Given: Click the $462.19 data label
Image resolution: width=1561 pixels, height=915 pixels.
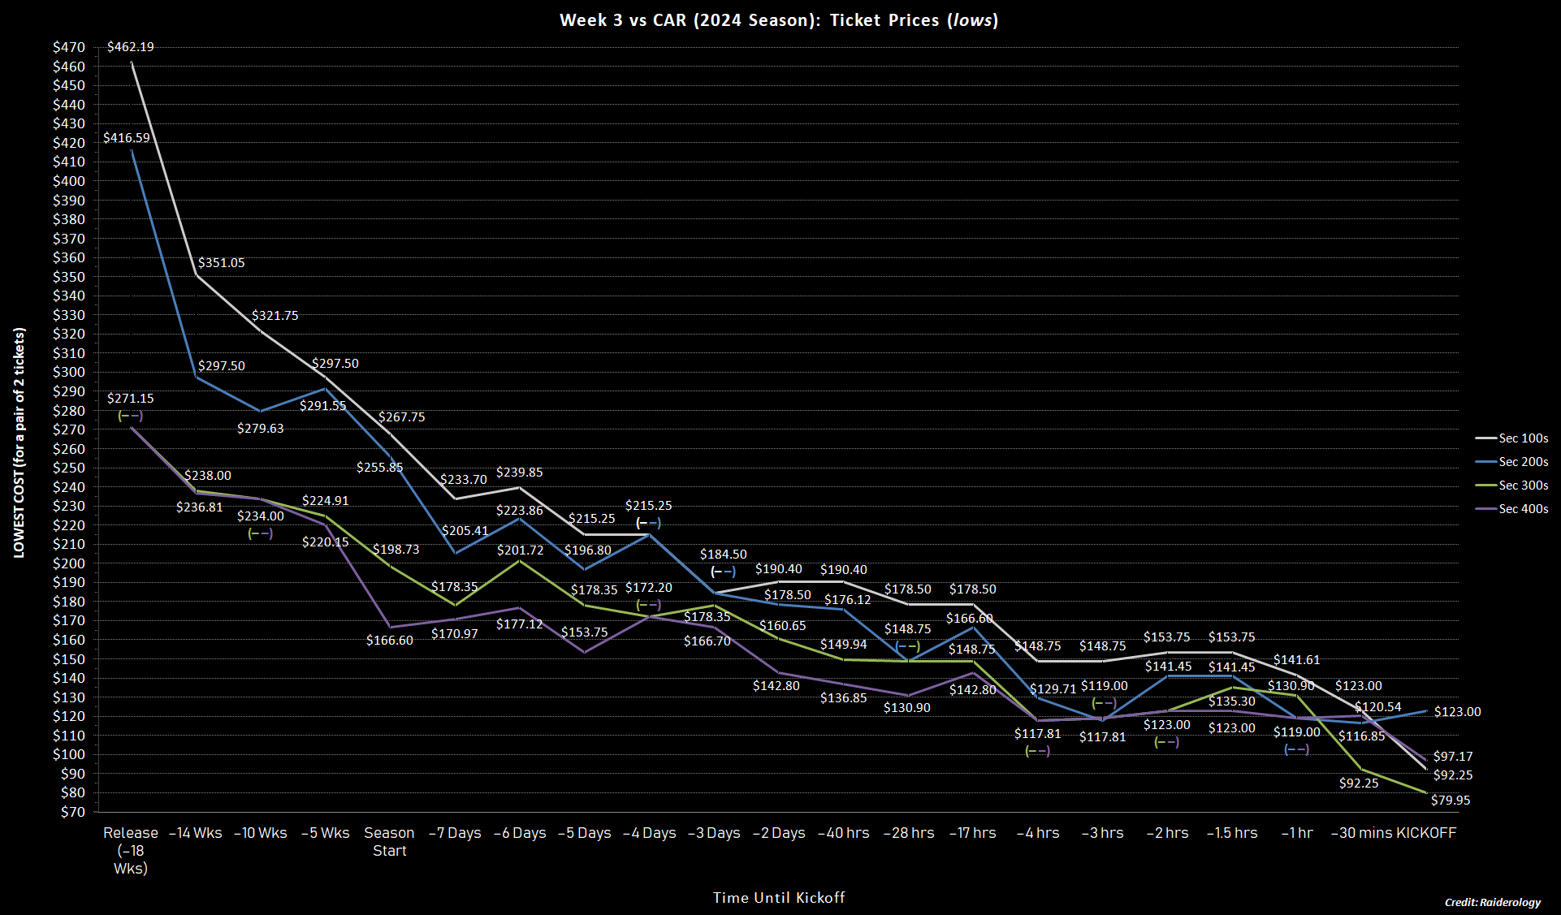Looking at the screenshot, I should pos(130,47).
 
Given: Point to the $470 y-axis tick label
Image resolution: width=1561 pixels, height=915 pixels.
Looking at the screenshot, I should pos(69,47).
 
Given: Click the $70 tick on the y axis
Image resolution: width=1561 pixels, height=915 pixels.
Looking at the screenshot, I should pos(72,812).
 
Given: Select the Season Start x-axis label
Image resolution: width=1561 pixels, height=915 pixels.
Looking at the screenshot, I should pos(389,842).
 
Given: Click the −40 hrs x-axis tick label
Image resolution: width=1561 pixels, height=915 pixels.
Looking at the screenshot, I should pos(843,833).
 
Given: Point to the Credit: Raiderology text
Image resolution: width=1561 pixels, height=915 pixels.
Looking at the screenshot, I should pos(1492,902).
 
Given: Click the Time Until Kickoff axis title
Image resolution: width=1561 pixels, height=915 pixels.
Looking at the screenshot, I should pos(779,897).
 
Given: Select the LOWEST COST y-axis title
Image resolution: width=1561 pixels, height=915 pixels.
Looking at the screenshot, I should pos(19,442).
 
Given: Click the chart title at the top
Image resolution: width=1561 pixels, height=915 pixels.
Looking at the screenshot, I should pos(779,20).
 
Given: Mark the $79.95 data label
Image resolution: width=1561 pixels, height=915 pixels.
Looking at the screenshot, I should pos(1451,801).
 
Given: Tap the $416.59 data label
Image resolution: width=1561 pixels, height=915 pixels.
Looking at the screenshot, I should pos(126,138).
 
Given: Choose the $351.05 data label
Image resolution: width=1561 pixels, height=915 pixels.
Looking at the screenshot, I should pos(221,263).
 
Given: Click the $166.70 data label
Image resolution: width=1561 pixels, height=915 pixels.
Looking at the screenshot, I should pos(707,641).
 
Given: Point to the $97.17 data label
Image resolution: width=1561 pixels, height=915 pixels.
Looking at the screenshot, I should pos(1453,757).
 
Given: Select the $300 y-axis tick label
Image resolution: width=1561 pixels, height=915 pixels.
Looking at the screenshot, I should pos(69,373).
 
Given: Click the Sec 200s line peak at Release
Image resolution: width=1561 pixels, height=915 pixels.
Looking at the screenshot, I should pos(132,150).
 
